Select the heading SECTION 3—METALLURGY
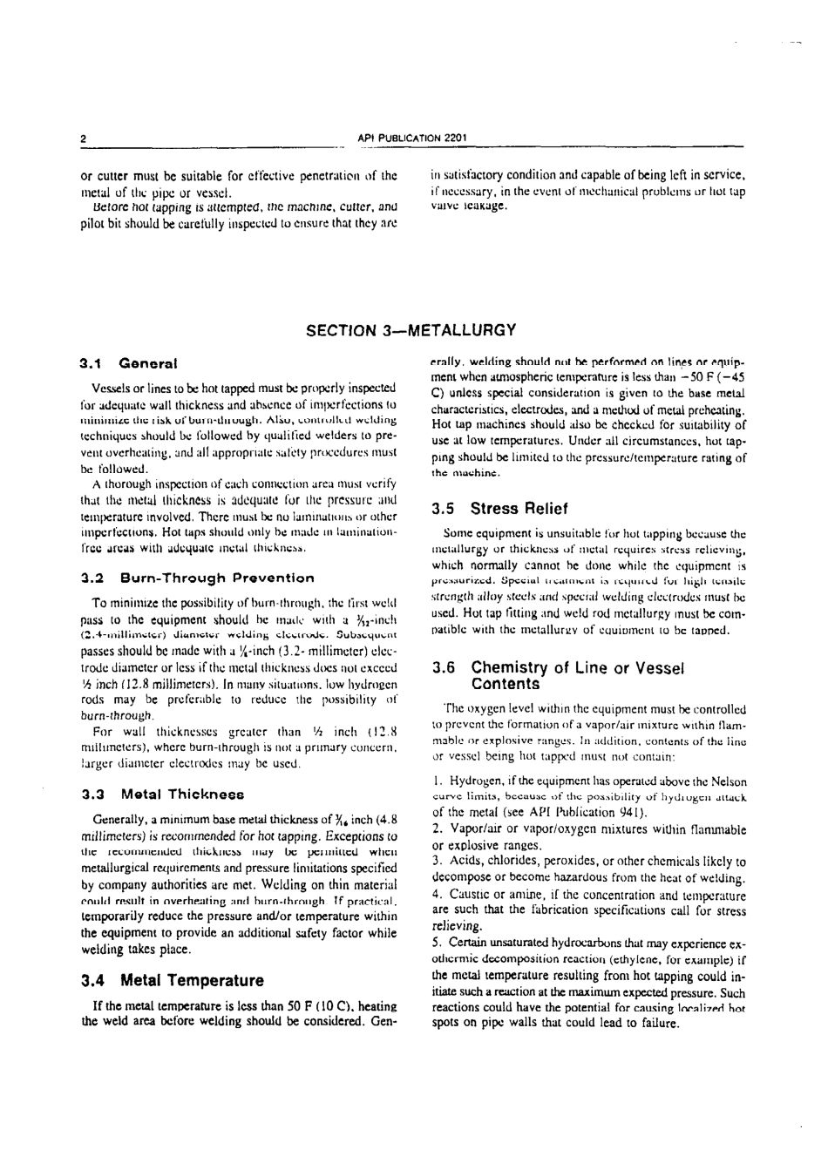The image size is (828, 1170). pos(411,330)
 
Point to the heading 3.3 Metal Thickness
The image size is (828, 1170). pos(162,795)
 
